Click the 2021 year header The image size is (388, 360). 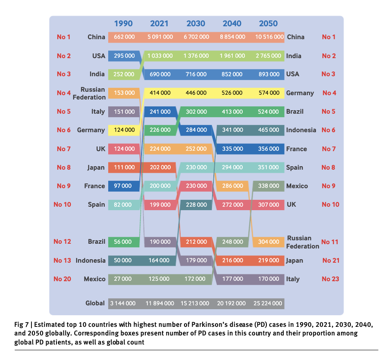tap(159, 24)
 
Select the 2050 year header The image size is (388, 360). tap(269, 24)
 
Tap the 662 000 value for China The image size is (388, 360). tap(124, 37)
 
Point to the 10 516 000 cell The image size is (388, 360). tap(269, 37)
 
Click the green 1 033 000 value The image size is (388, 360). tap(160, 56)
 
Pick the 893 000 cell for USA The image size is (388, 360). tap(269, 74)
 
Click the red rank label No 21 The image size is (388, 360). tap(331, 261)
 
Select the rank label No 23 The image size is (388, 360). tap(331, 279)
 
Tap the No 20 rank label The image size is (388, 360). tap(62, 279)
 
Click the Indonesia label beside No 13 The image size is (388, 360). tap(91, 261)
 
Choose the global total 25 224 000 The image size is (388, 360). tap(269, 304)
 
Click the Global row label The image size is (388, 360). tap(95, 303)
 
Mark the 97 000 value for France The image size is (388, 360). tap(124, 186)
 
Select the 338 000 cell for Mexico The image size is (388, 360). tap(269, 186)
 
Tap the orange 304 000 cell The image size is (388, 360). tap(269, 242)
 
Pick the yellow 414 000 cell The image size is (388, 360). tap(160, 93)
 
